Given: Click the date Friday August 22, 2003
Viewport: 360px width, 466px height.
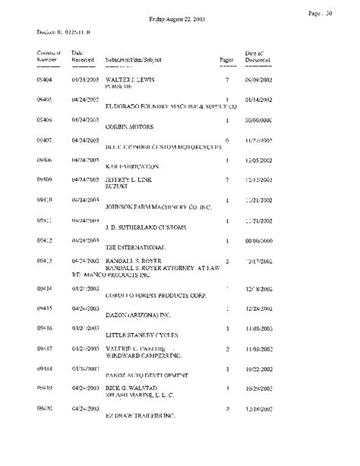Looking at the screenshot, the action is [x=180, y=18].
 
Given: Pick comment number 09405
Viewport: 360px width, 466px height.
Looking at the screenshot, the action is [x=46, y=100].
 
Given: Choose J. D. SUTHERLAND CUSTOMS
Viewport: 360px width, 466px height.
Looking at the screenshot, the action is [x=146, y=227].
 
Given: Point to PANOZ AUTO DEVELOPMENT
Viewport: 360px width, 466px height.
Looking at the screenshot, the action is [x=147, y=375].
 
